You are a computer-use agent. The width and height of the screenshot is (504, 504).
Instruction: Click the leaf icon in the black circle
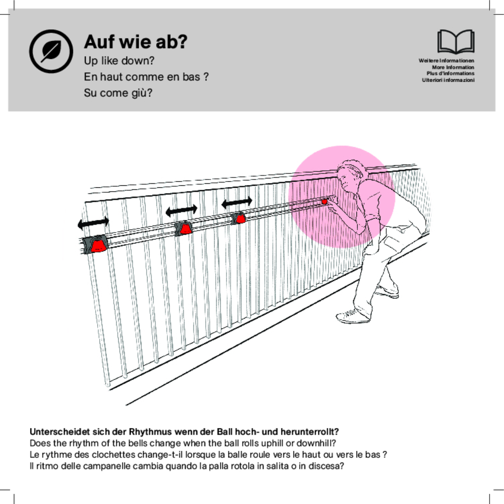(x=51, y=51)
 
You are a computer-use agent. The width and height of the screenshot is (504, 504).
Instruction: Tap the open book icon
(x=456, y=41)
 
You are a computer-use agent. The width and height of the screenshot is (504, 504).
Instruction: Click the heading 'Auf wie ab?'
(x=136, y=42)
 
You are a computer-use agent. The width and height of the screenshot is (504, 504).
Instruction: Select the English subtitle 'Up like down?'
(x=119, y=61)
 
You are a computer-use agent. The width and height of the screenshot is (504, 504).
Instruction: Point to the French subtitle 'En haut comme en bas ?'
(x=146, y=77)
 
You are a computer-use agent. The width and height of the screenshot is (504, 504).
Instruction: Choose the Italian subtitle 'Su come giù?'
(x=118, y=93)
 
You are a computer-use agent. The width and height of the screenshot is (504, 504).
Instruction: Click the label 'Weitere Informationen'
(x=446, y=61)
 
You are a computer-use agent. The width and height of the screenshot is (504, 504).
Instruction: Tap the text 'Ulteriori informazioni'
(x=448, y=80)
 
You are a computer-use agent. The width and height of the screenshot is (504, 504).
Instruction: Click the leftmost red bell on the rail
(x=98, y=245)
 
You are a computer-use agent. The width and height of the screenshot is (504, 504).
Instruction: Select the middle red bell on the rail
(x=185, y=228)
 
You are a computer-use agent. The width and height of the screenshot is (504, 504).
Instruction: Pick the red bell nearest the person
(x=240, y=219)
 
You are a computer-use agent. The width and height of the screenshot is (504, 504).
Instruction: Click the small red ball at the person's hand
(x=324, y=201)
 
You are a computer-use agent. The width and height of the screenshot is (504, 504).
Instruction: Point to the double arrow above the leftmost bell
(x=93, y=223)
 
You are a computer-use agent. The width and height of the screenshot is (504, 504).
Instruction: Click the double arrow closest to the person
(x=237, y=202)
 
